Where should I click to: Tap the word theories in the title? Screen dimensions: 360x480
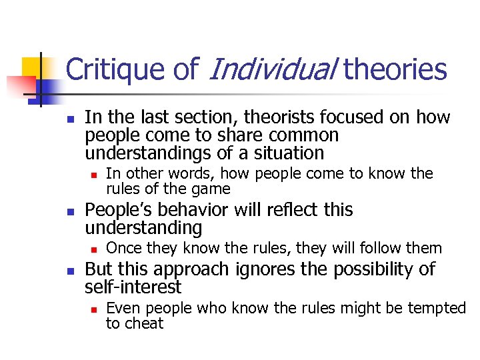(396, 69)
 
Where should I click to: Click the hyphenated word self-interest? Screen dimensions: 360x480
(133, 287)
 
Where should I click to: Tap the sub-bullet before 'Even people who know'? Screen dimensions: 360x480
(94, 309)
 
